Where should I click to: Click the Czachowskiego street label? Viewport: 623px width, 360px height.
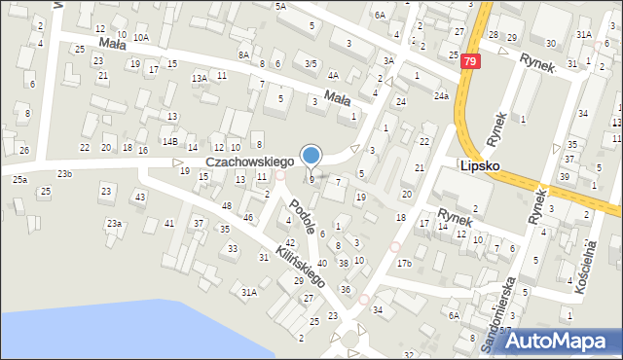pos(249,161)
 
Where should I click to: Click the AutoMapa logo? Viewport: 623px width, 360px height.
pos(564,341)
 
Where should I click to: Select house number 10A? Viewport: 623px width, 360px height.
pos(141,37)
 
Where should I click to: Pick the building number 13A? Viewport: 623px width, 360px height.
pos(199,78)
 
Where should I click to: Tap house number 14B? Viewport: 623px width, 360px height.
pos(169,142)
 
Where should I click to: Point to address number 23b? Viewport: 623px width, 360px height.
pos(64,173)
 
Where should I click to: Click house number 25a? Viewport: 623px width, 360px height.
pos(19,180)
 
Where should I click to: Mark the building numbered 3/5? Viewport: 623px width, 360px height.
pos(311,63)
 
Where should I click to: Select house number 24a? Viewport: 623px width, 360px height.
pos(441,95)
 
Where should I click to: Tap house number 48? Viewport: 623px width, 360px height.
pos(227,206)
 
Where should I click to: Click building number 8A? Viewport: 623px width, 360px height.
pos(243,54)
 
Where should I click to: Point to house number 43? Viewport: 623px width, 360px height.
pos(140,198)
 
